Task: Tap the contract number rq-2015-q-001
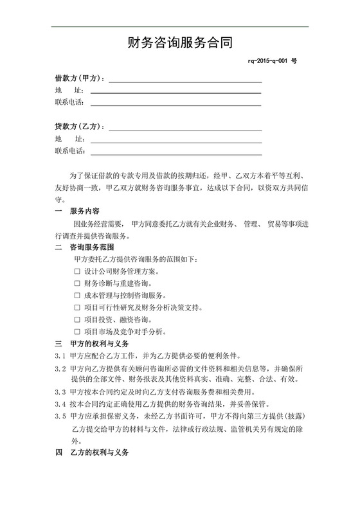point(269,60)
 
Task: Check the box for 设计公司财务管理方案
point(77,271)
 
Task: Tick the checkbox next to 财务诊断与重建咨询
point(77,283)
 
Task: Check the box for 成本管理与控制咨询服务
point(77,296)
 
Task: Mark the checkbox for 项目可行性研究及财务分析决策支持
point(77,308)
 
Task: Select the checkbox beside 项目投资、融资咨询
point(77,320)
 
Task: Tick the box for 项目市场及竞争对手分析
point(77,332)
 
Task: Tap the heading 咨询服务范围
point(92,247)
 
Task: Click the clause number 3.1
point(60,356)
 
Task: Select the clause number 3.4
point(60,404)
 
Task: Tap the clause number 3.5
point(60,416)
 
